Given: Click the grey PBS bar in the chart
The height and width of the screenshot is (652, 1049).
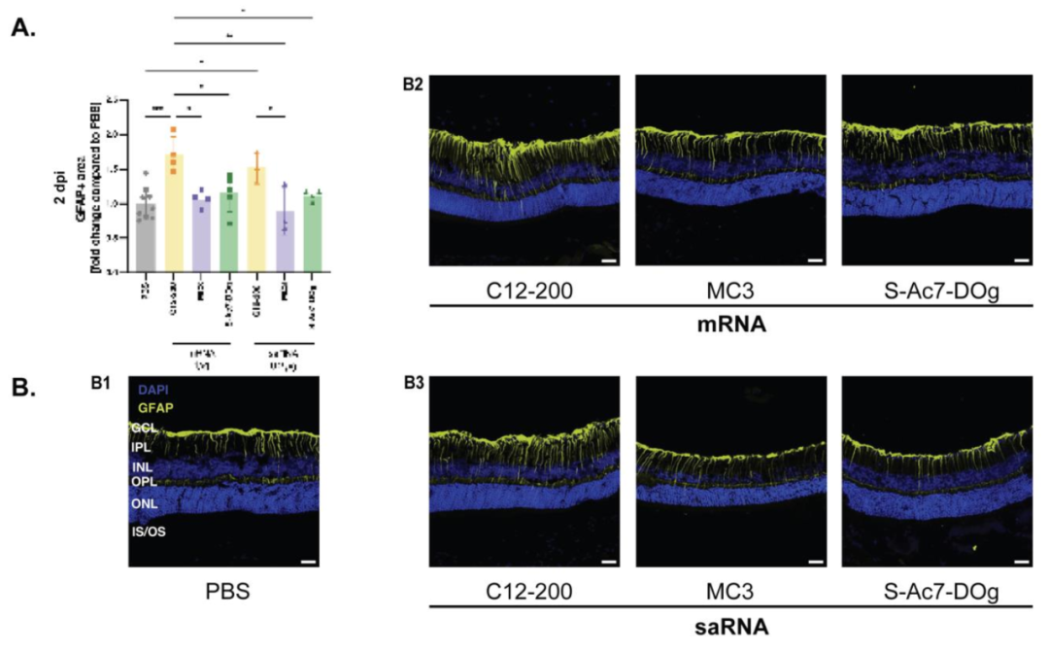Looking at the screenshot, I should [x=146, y=233].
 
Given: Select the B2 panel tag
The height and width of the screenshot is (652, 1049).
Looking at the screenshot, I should [x=413, y=85].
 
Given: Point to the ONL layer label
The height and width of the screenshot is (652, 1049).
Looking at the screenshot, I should [x=145, y=503].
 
